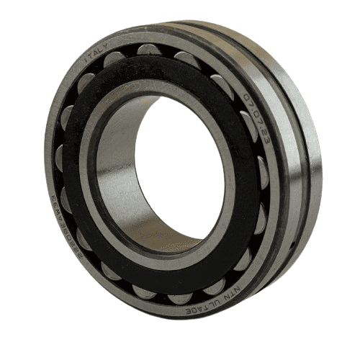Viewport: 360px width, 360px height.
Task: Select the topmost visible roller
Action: pos(148,49)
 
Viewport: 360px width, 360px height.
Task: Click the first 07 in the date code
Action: pos(247,99)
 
